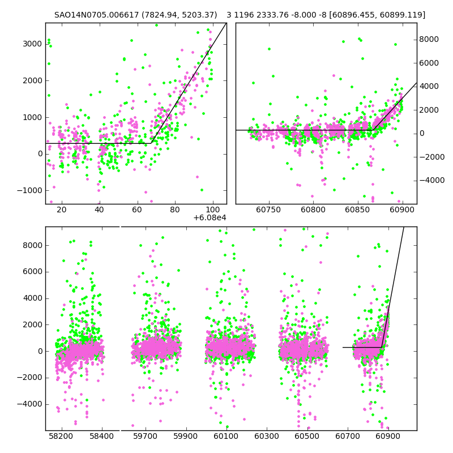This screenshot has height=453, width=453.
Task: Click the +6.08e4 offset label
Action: tap(210, 217)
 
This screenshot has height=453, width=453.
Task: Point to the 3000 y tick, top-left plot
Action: tap(32, 44)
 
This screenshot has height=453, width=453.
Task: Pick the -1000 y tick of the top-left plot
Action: tap(29, 191)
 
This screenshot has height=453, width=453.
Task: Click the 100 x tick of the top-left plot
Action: tap(213, 210)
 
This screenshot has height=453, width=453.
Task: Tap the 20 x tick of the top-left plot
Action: tap(61, 210)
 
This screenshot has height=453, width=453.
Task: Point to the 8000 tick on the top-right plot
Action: tap(429, 39)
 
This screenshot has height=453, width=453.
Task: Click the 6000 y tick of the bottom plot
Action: tap(32, 271)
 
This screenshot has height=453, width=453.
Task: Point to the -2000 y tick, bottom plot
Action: tap(29, 378)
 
